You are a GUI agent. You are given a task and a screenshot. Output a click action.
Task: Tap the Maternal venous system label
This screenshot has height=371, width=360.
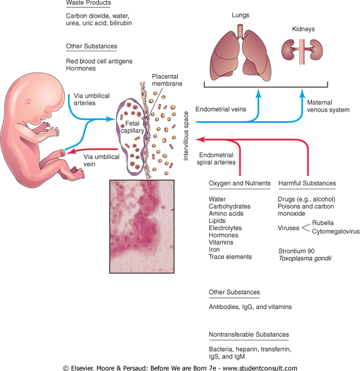point(328,106)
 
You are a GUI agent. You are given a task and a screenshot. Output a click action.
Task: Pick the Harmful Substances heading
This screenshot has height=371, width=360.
point(307,183)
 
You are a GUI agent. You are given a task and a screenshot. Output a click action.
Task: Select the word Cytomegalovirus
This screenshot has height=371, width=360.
point(336,232)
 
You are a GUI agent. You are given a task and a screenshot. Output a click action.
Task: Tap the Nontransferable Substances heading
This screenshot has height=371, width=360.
point(249,334)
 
